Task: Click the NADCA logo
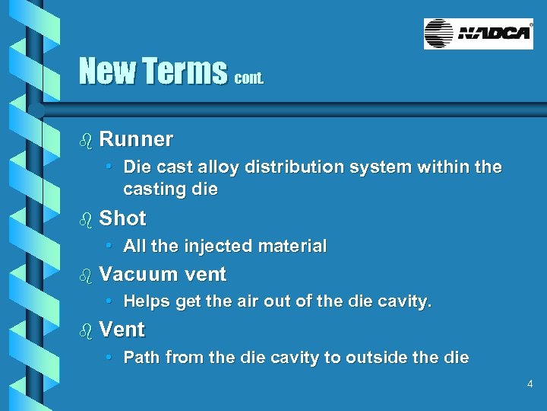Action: [x=478, y=34]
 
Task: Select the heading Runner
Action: [x=136, y=139]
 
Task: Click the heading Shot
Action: [x=122, y=218]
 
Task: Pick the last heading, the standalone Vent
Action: [x=122, y=330]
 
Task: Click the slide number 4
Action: [x=530, y=385]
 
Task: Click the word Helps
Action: [x=146, y=302]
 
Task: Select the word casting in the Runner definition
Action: [x=152, y=188]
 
